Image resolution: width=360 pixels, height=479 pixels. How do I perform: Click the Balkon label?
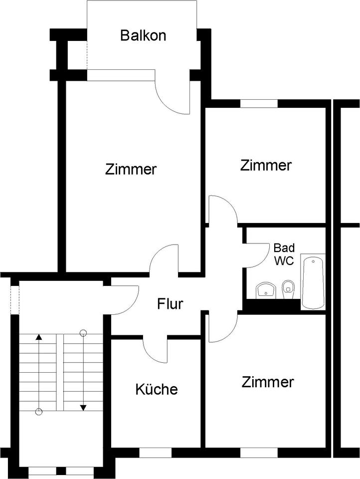[143, 35]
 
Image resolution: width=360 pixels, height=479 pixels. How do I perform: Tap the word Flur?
[171, 303]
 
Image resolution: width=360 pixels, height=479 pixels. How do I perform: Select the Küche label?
[156, 389]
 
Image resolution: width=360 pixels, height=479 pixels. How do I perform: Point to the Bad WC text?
[284, 254]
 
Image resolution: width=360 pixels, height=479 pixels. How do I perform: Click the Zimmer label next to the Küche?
[268, 383]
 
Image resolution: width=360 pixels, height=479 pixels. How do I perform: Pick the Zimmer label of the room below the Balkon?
[131, 169]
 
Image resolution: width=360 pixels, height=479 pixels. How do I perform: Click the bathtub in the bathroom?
[313, 282]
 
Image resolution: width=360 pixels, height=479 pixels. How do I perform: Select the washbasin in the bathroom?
[266, 290]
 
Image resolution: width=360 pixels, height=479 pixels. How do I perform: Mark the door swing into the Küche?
[156, 349]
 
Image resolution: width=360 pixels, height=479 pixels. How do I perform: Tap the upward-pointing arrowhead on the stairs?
[38, 337]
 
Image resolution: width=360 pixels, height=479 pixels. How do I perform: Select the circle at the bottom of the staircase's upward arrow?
[38, 412]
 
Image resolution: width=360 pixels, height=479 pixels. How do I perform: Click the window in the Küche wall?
[155, 453]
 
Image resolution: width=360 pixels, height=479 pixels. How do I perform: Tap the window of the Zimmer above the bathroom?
[259, 104]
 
